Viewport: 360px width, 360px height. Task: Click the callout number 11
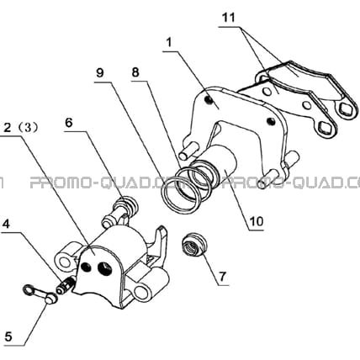pos(228,18)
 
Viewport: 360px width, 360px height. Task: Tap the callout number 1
pos(168,43)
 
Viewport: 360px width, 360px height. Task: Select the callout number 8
pos(135,72)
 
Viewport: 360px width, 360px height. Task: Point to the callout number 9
pos(100,72)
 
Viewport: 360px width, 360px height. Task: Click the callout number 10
pos(257,221)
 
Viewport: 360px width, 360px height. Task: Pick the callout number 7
pos(222,277)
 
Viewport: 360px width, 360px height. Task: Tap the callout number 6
pos(69,123)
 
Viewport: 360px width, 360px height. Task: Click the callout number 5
pos(8,336)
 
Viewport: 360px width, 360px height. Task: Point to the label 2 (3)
pos(21,128)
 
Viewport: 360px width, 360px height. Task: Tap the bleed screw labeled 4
pos(65,286)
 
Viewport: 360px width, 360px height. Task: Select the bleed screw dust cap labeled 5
pos(40,294)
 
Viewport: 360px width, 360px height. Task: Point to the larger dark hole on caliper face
pos(104,267)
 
